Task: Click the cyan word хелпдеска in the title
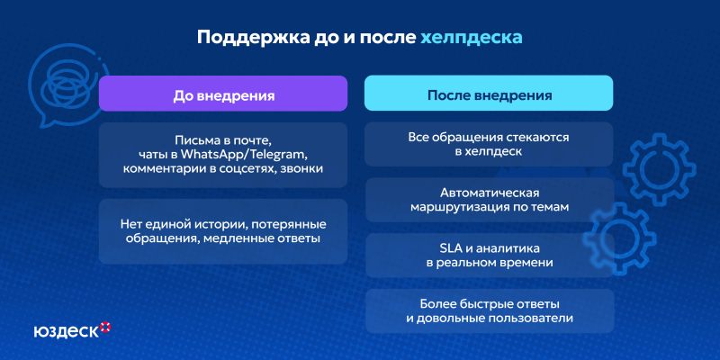tap(471, 39)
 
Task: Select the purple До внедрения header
tap(223, 94)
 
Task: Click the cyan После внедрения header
tap(489, 94)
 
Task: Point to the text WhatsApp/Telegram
tap(244, 155)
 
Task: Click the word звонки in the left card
tap(301, 168)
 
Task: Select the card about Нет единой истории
tap(223, 230)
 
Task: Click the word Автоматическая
tap(489, 193)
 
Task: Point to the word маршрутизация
tap(455, 208)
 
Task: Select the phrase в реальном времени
tap(489, 263)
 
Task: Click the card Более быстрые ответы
tap(489, 310)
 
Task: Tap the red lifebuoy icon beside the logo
tap(105, 326)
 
